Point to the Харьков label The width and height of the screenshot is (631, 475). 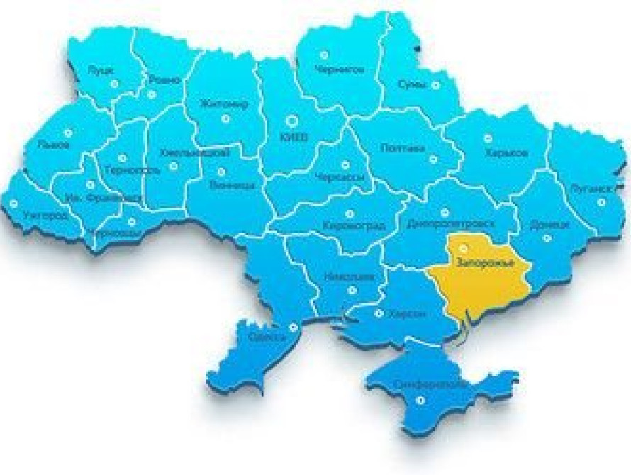(x=507, y=153)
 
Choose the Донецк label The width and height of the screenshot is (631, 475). (x=549, y=225)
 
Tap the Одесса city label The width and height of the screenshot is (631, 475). (x=267, y=337)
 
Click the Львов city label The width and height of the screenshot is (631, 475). (x=56, y=145)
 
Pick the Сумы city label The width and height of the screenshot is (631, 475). (x=413, y=85)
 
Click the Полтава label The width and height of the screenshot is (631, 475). (x=403, y=149)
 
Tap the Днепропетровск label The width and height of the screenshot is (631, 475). (x=449, y=224)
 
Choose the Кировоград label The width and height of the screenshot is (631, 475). (x=353, y=226)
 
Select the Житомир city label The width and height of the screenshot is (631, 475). (x=224, y=104)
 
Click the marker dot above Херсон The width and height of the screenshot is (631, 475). (x=380, y=297)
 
